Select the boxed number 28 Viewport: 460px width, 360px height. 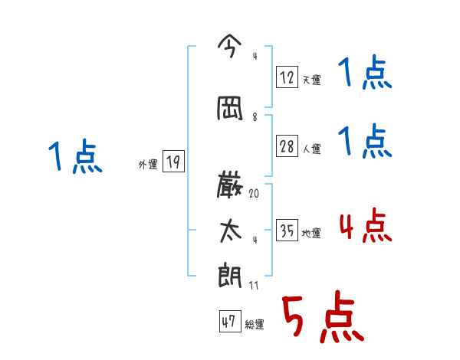(287, 146)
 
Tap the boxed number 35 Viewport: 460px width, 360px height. (287, 231)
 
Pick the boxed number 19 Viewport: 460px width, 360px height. (173, 162)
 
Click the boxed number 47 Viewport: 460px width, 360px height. (229, 322)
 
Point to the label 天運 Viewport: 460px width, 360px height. (311, 79)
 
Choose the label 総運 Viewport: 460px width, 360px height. (255, 325)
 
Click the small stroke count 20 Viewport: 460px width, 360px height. (254, 194)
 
